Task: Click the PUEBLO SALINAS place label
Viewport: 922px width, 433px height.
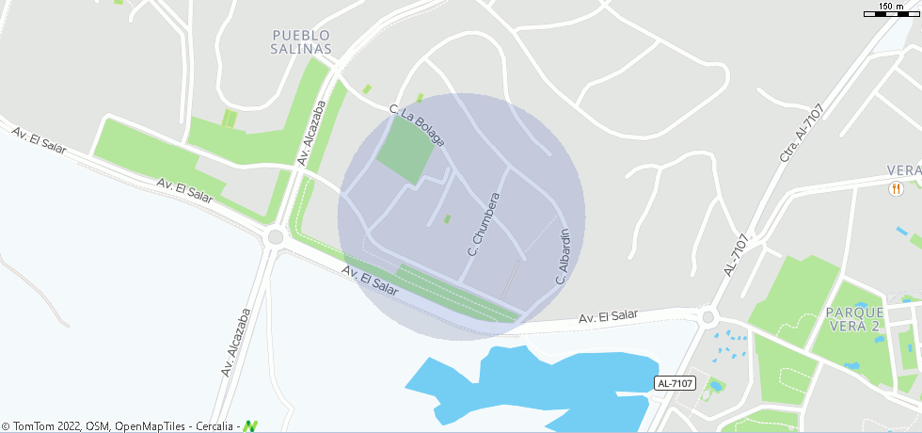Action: coord(301,41)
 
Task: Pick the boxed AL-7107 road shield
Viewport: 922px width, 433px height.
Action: coord(675,383)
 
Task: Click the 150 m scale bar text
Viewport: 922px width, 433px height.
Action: coord(891,7)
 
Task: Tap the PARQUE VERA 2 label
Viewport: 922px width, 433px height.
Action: coord(854,319)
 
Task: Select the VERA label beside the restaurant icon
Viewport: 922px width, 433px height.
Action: coord(903,170)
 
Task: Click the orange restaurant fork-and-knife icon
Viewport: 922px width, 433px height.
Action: coord(894,188)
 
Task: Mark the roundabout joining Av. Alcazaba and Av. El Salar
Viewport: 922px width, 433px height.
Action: coord(275,236)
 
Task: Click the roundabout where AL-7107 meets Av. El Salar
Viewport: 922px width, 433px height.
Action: coord(707,317)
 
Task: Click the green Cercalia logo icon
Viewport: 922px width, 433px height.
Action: coord(250,426)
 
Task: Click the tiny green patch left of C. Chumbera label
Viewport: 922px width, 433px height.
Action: coord(447,219)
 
